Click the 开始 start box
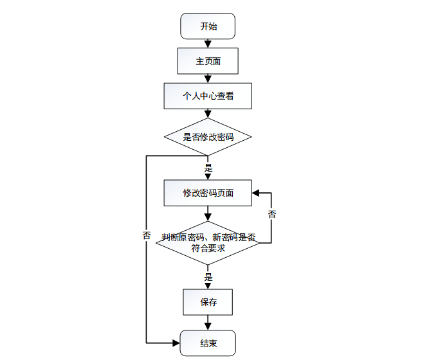click(x=208, y=26)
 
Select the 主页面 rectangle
click(x=208, y=62)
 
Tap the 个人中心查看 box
click(x=208, y=96)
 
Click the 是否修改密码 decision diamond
click(x=208, y=137)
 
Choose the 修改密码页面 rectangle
click(x=208, y=192)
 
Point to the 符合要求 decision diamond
click(x=208, y=242)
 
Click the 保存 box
click(x=208, y=302)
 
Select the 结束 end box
click(x=208, y=343)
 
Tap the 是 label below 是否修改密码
click(x=208, y=168)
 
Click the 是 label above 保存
click(x=208, y=278)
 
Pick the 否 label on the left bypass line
click(x=147, y=235)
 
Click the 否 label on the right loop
click(x=271, y=214)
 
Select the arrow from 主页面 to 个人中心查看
click(x=208, y=78)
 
